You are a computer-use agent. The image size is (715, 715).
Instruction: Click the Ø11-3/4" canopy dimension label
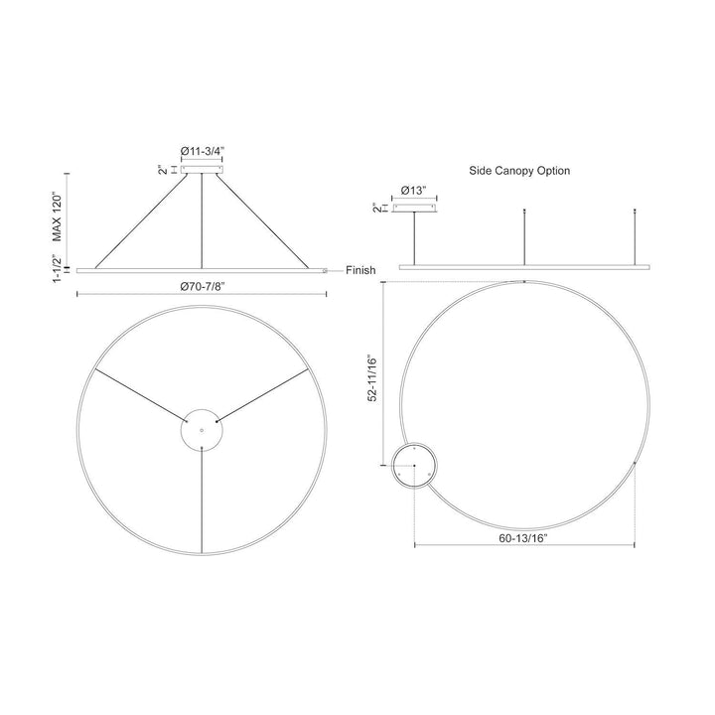click(x=203, y=151)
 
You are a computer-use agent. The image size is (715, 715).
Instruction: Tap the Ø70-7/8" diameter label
click(x=203, y=286)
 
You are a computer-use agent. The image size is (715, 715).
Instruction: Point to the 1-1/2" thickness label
click(x=57, y=268)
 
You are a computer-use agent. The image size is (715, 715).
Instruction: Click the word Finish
click(x=360, y=270)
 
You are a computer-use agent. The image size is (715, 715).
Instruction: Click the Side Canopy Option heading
click(x=519, y=171)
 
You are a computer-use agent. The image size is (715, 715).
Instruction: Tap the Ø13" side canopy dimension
click(x=414, y=191)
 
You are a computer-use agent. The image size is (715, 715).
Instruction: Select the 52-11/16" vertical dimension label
click(x=373, y=378)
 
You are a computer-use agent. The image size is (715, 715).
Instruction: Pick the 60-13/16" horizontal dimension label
click(x=523, y=538)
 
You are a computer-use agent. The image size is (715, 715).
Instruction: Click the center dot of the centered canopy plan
click(x=202, y=430)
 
